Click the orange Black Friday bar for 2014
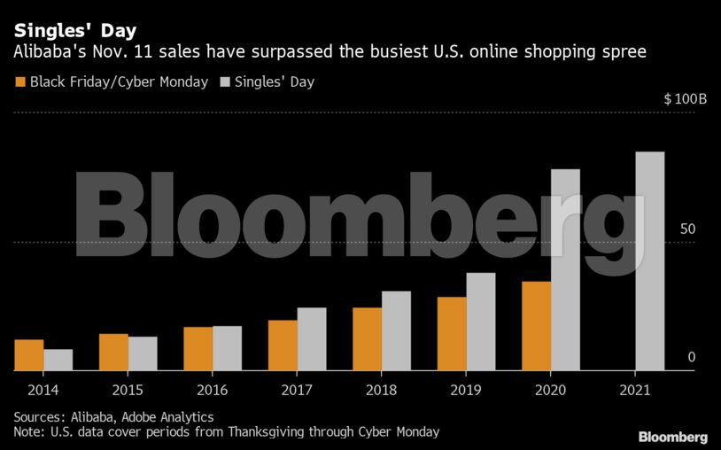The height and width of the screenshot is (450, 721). (29, 355)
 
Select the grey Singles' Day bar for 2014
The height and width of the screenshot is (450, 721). (58, 360)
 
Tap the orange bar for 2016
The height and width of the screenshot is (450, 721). (198, 349)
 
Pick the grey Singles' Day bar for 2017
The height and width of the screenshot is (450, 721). (312, 339)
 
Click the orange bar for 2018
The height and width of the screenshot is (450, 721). (368, 339)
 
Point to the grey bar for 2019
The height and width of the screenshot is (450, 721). (481, 322)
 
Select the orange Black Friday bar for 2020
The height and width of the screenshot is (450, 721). (537, 326)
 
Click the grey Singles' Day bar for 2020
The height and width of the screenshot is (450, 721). (566, 270)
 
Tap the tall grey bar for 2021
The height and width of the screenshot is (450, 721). (650, 261)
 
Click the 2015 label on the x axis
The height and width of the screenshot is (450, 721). (128, 390)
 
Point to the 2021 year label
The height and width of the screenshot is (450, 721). (635, 390)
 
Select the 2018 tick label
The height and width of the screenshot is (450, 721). (382, 390)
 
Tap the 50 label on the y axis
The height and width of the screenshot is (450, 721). (687, 229)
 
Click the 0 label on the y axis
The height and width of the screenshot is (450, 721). (691, 357)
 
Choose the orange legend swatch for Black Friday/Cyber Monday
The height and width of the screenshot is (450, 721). (19, 82)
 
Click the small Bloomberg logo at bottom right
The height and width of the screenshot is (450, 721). (672, 437)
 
